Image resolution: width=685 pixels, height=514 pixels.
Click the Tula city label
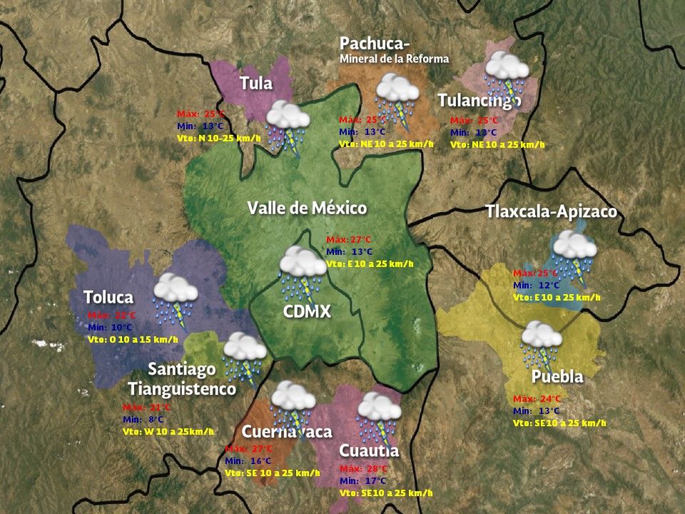pyautogui.click(x=256, y=83)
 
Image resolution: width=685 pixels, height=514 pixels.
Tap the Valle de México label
pyautogui.click(x=307, y=208)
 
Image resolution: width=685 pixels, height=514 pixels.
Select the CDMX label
pyautogui.click(x=307, y=311)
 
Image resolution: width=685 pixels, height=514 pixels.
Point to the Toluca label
pyautogui.click(x=108, y=297)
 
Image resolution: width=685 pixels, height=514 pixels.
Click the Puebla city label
pyautogui.click(x=557, y=376)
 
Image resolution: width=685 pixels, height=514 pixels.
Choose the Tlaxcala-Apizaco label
pyautogui.click(x=551, y=212)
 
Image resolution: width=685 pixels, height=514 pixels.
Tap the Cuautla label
pyautogui.click(x=369, y=450)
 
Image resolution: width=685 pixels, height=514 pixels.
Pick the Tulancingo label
pyautogui.click(x=479, y=100)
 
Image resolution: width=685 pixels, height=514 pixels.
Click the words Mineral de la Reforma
pyautogui.click(x=394, y=59)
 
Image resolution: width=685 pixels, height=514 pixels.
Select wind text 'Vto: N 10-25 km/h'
pyautogui.click(x=219, y=138)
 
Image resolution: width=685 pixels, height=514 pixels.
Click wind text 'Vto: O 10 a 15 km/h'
pyautogui.click(x=133, y=339)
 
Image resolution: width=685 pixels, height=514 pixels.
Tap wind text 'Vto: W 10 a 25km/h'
pyautogui.click(x=168, y=431)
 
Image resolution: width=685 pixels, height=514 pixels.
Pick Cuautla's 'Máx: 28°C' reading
pyautogui.click(x=363, y=469)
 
